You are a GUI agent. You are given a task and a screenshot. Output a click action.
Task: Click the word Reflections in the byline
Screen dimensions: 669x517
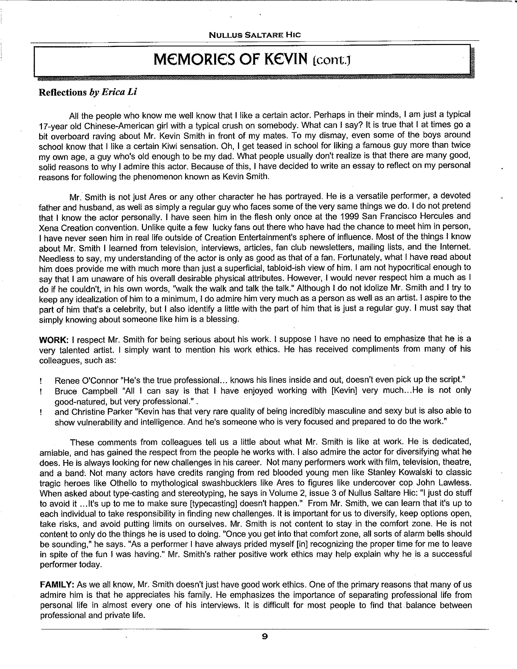(x=63, y=92)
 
